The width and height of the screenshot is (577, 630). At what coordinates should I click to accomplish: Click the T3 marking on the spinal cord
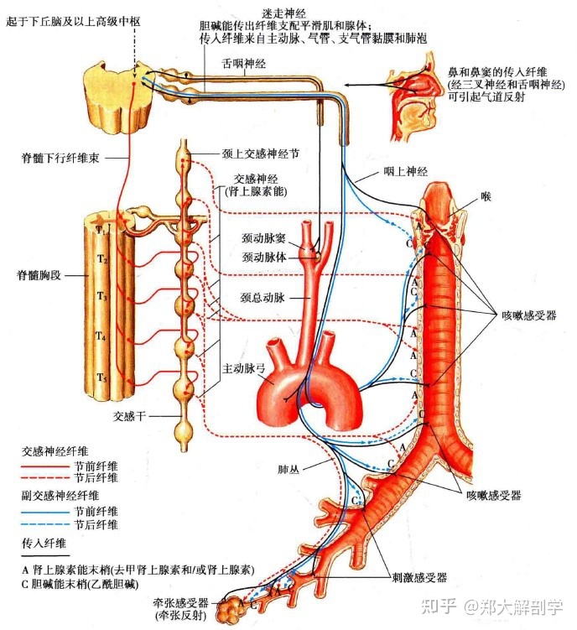(x=101, y=296)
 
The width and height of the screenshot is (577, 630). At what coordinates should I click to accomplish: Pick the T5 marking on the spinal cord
(x=101, y=377)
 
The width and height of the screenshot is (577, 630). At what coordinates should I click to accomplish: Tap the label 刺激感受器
(x=418, y=577)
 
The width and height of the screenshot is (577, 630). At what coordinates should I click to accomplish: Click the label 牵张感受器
(x=179, y=601)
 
